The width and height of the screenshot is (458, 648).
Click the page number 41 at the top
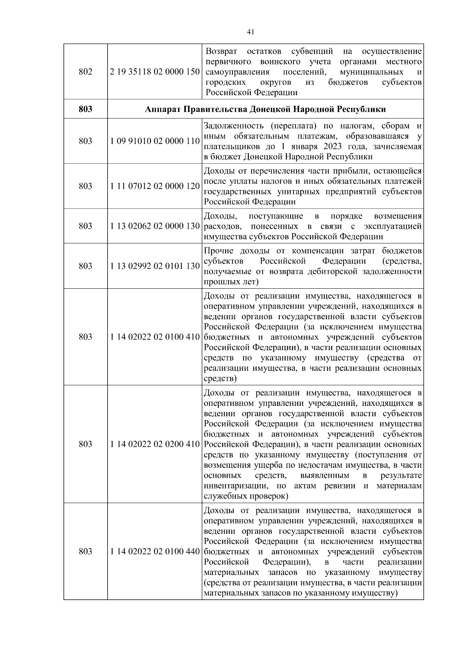point(250,32)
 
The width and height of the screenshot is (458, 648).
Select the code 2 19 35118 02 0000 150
point(155,72)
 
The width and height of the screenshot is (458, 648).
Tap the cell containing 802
point(85,72)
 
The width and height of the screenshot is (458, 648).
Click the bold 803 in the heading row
point(85,110)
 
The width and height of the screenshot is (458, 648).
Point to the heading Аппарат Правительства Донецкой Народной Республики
point(265,110)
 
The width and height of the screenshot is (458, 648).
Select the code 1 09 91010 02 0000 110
point(155,141)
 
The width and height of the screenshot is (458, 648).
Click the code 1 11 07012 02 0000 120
point(155,186)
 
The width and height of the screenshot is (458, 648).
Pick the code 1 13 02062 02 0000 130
point(155,226)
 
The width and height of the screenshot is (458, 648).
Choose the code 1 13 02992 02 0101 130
point(155,266)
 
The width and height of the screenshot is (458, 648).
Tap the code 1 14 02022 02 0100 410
point(155,337)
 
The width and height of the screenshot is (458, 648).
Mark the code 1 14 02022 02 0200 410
point(155,444)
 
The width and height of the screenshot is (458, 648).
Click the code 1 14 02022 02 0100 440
point(155,552)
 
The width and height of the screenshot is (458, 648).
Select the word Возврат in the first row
point(221,52)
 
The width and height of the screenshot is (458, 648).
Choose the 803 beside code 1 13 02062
point(85,226)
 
